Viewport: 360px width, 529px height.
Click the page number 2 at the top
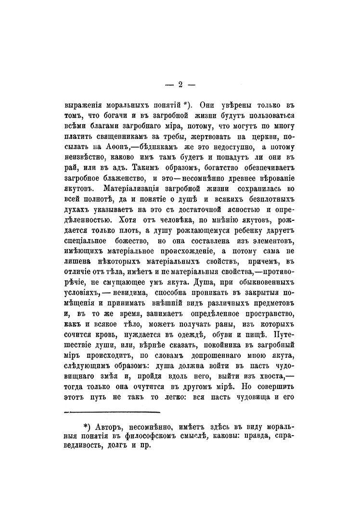tap(180, 85)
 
